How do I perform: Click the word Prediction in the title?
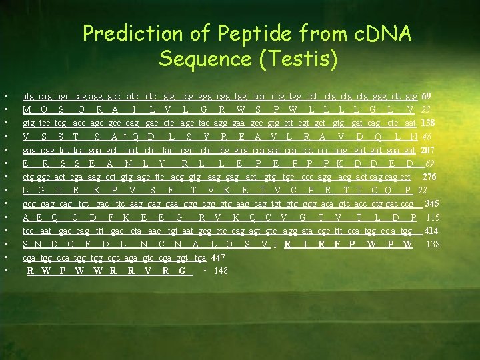point(125,33)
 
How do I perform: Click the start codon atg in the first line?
point(29,97)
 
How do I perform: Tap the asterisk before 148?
point(205,271)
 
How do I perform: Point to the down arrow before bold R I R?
point(275,244)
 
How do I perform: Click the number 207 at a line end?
point(430,150)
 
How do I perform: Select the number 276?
point(430,177)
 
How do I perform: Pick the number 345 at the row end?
point(431,203)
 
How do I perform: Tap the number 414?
point(431,231)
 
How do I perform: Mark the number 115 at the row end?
point(433,217)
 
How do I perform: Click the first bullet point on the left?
point(5,97)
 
